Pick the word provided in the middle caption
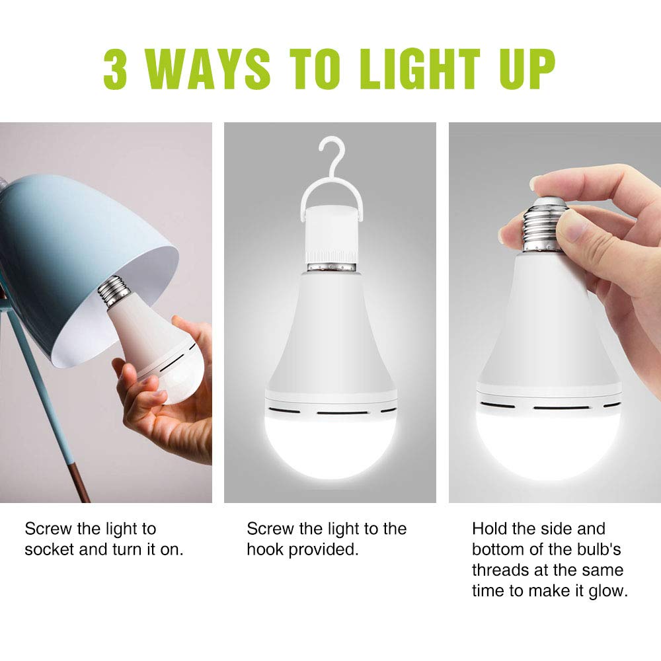325,550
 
